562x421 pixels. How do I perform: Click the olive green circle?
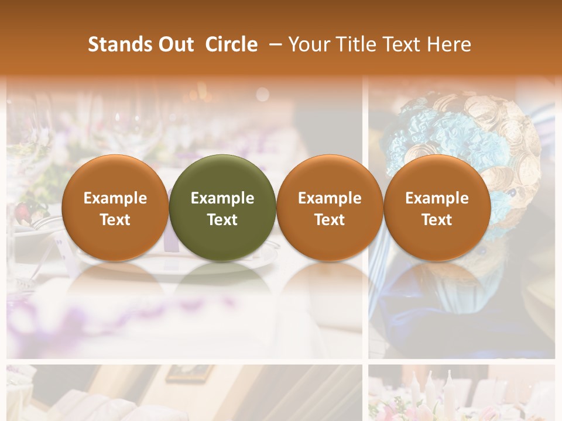222,208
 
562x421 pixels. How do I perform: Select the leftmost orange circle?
115,208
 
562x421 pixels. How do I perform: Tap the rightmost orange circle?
437,208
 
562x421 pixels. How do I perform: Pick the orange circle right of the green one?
330,208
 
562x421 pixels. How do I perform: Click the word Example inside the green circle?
222,198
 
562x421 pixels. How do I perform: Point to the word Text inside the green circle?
222,220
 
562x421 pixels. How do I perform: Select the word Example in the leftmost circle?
115,198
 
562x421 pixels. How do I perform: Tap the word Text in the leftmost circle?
115,220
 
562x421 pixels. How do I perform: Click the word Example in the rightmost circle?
437,198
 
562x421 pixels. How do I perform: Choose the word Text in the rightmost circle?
437,220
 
